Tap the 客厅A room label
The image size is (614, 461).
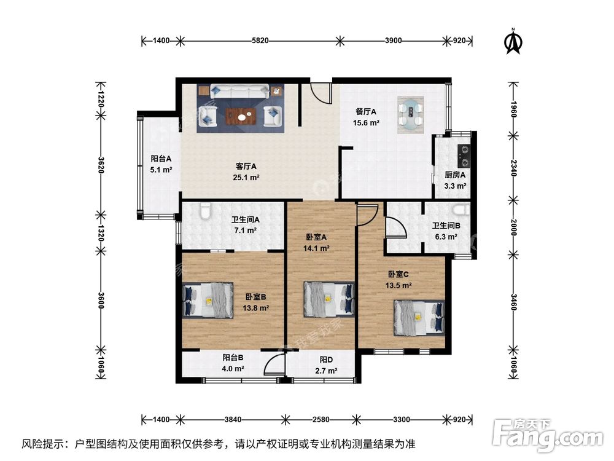[246, 166]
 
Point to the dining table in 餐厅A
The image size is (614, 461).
[410, 115]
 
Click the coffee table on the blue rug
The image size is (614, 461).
[239, 114]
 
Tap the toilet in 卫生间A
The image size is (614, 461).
[206, 213]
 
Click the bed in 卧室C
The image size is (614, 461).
[419, 317]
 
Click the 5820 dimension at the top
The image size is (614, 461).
[260, 41]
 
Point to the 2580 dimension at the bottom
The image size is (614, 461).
[321, 419]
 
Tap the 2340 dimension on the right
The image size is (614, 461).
[514, 166]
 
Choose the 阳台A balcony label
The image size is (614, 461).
[161, 158]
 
